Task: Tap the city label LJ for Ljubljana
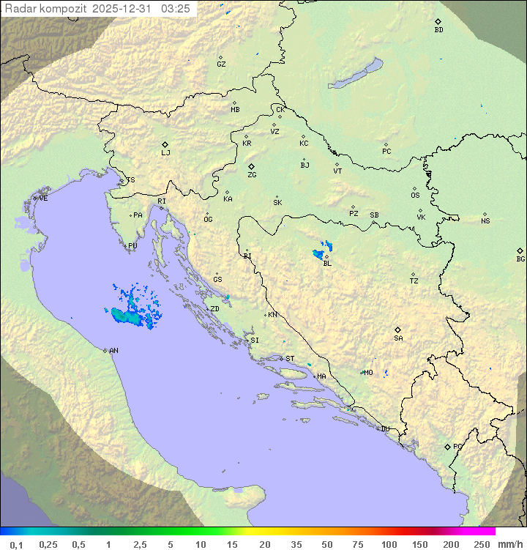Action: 165,153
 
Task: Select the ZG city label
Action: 252,175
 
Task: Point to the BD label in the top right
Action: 438,30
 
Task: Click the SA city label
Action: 398,338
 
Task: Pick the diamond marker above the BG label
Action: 520,250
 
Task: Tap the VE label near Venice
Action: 43,198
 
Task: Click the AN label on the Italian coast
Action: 113,351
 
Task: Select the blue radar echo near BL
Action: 320,254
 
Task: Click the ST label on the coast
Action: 290,359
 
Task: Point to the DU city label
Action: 384,429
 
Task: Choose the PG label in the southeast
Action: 457,446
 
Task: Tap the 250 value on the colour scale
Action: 482,544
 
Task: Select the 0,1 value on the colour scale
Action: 16,544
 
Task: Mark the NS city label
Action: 485,221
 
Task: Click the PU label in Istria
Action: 132,246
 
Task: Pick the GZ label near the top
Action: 221,64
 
